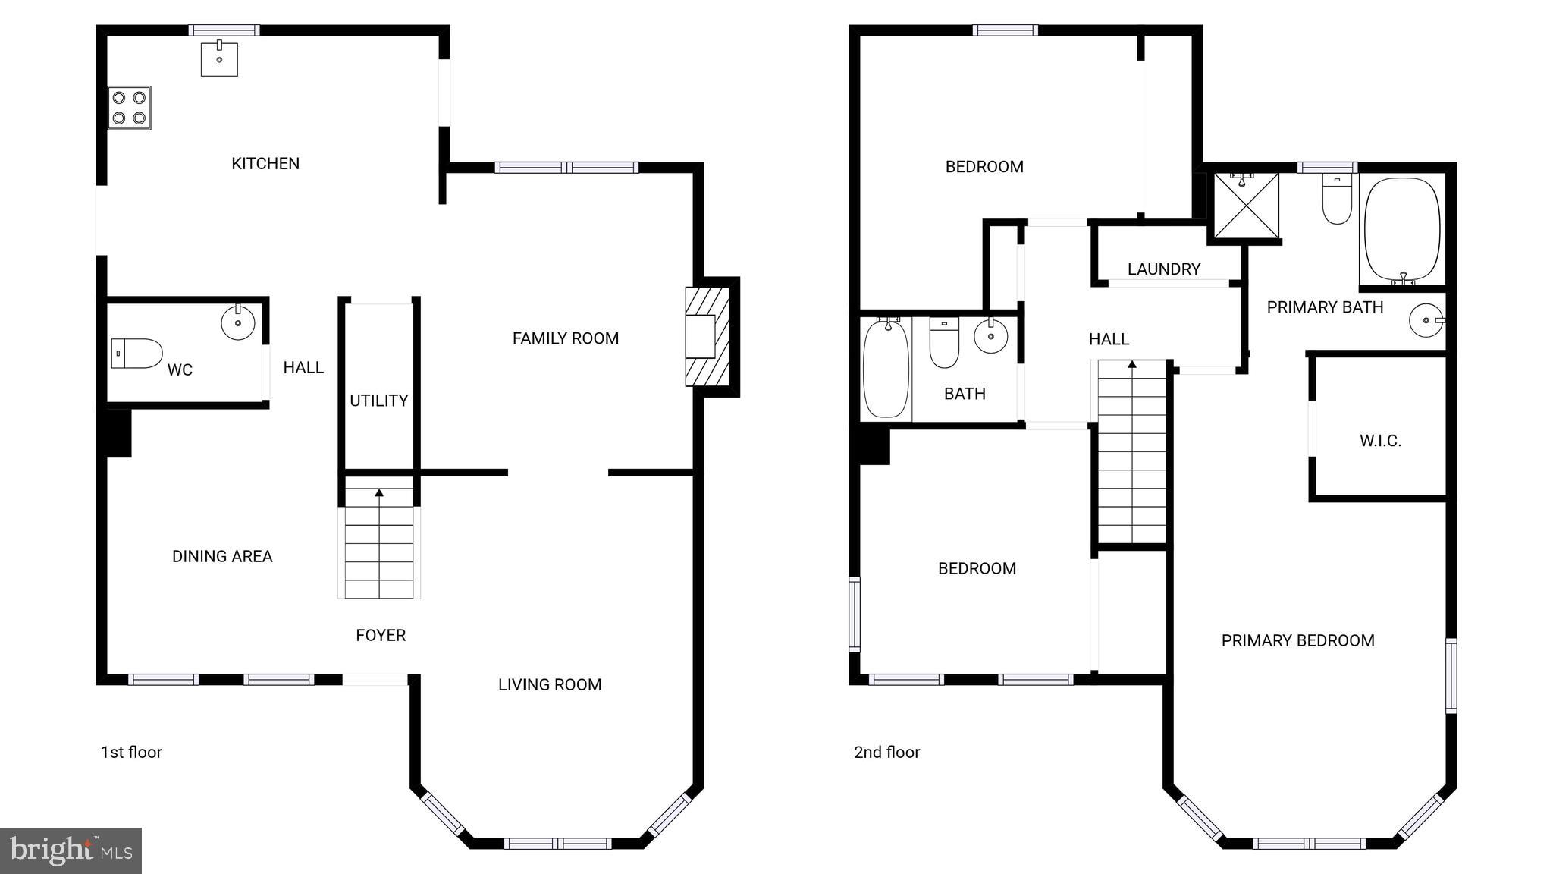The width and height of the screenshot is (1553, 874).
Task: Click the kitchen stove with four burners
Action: point(129,108)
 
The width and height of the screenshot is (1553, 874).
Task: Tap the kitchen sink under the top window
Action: point(219,59)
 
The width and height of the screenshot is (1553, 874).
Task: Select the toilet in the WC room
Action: point(137,354)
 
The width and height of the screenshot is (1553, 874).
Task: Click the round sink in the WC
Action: point(238,323)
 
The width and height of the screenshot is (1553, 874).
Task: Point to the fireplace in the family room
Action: point(707,336)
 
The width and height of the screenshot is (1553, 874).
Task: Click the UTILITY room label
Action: point(378,401)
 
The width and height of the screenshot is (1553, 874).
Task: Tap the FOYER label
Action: point(381,635)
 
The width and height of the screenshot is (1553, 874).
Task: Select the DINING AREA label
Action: point(222,556)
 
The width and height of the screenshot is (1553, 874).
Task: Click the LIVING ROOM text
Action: point(550,684)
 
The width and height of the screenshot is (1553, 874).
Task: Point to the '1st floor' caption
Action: point(131,752)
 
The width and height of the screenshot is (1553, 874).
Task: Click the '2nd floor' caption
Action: point(886,752)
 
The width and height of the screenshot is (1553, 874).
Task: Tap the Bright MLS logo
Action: point(71,850)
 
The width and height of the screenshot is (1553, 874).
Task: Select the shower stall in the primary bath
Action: point(1246,206)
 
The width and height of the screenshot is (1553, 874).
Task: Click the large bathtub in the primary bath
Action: point(1401,231)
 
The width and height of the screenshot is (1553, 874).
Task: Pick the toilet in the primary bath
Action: point(1336,200)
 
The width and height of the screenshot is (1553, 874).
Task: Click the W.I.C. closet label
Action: point(1380,441)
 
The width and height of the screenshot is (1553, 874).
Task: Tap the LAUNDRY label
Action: point(1164,269)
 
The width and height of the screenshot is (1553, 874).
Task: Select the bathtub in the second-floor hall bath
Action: point(886,368)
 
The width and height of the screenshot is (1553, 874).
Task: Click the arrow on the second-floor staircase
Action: point(1132,365)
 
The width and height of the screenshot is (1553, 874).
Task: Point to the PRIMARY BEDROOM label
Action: point(1297,640)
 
